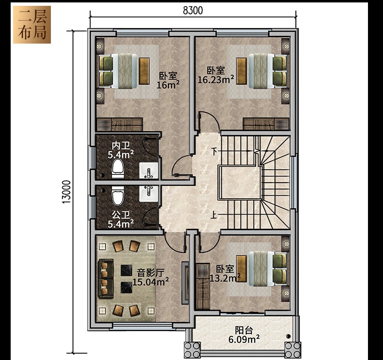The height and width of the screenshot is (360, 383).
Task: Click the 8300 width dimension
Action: (x=193, y=11)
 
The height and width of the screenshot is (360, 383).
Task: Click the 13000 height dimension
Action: (x=66, y=192)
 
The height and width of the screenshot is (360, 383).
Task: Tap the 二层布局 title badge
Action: (x=32, y=25)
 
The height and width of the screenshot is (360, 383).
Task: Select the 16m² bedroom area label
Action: (x=168, y=85)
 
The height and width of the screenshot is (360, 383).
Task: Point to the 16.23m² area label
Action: (x=216, y=79)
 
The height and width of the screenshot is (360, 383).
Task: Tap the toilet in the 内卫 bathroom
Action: (x=118, y=169)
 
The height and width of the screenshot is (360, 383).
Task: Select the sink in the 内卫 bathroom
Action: (x=148, y=171)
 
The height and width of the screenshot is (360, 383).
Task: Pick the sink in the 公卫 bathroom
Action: (x=148, y=193)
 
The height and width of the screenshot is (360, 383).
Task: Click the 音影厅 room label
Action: (x=150, y=273)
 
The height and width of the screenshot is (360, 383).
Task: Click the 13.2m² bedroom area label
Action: (x=225, y=278)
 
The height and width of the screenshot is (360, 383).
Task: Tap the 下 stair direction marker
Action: (x=214, y=152)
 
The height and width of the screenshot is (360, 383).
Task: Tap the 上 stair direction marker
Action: (x=214, y=215)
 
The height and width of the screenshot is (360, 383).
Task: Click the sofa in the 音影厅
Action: (x=106, y=279)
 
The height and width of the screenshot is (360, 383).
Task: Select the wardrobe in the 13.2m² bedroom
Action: (x=203, y=286)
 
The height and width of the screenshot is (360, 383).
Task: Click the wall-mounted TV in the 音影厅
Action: (x=185, y=283)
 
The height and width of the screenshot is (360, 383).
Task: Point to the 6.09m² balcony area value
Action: (x=244, y=339)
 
